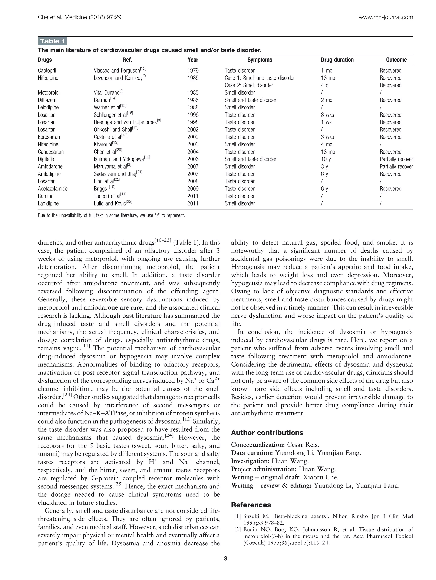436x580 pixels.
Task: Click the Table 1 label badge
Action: [x=52, y=41]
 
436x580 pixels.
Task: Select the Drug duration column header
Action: [x=337, y=60]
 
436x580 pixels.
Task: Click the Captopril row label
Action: [x=47, y=71]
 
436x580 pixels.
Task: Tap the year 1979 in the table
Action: [x=193, y=71]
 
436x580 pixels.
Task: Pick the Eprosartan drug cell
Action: [x=49, y=137]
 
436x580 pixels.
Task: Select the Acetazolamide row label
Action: [x=53, y=189]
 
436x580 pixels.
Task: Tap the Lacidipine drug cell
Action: [x=48, y=203]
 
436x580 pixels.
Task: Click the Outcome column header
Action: [x=396, y=60]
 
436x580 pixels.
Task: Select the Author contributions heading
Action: [x=267, y=433]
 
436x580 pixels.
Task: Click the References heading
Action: [x=251, y=505]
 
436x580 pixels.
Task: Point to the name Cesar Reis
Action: [x=303, y=445]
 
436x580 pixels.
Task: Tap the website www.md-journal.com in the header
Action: [x=385, y=17]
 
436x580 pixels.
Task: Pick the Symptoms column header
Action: [x=260, y=60]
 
